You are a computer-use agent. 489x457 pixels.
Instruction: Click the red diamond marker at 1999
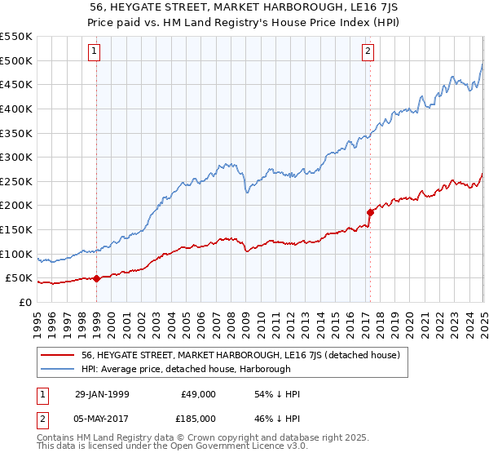pyautogui.click(x=97, y=278)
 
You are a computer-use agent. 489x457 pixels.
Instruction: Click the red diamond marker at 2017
pyautogui.click(x=370, y=212)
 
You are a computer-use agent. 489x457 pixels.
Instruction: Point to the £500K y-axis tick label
pyautogui.click(x=16, y=60)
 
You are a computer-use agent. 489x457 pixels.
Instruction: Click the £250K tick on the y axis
pyautogui.click(x=16, y=181)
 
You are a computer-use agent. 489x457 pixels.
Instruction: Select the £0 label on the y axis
pyautogui.click(x=27, y=302)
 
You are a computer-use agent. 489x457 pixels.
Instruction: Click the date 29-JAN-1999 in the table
pyautogui.click(x=101, y=394)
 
